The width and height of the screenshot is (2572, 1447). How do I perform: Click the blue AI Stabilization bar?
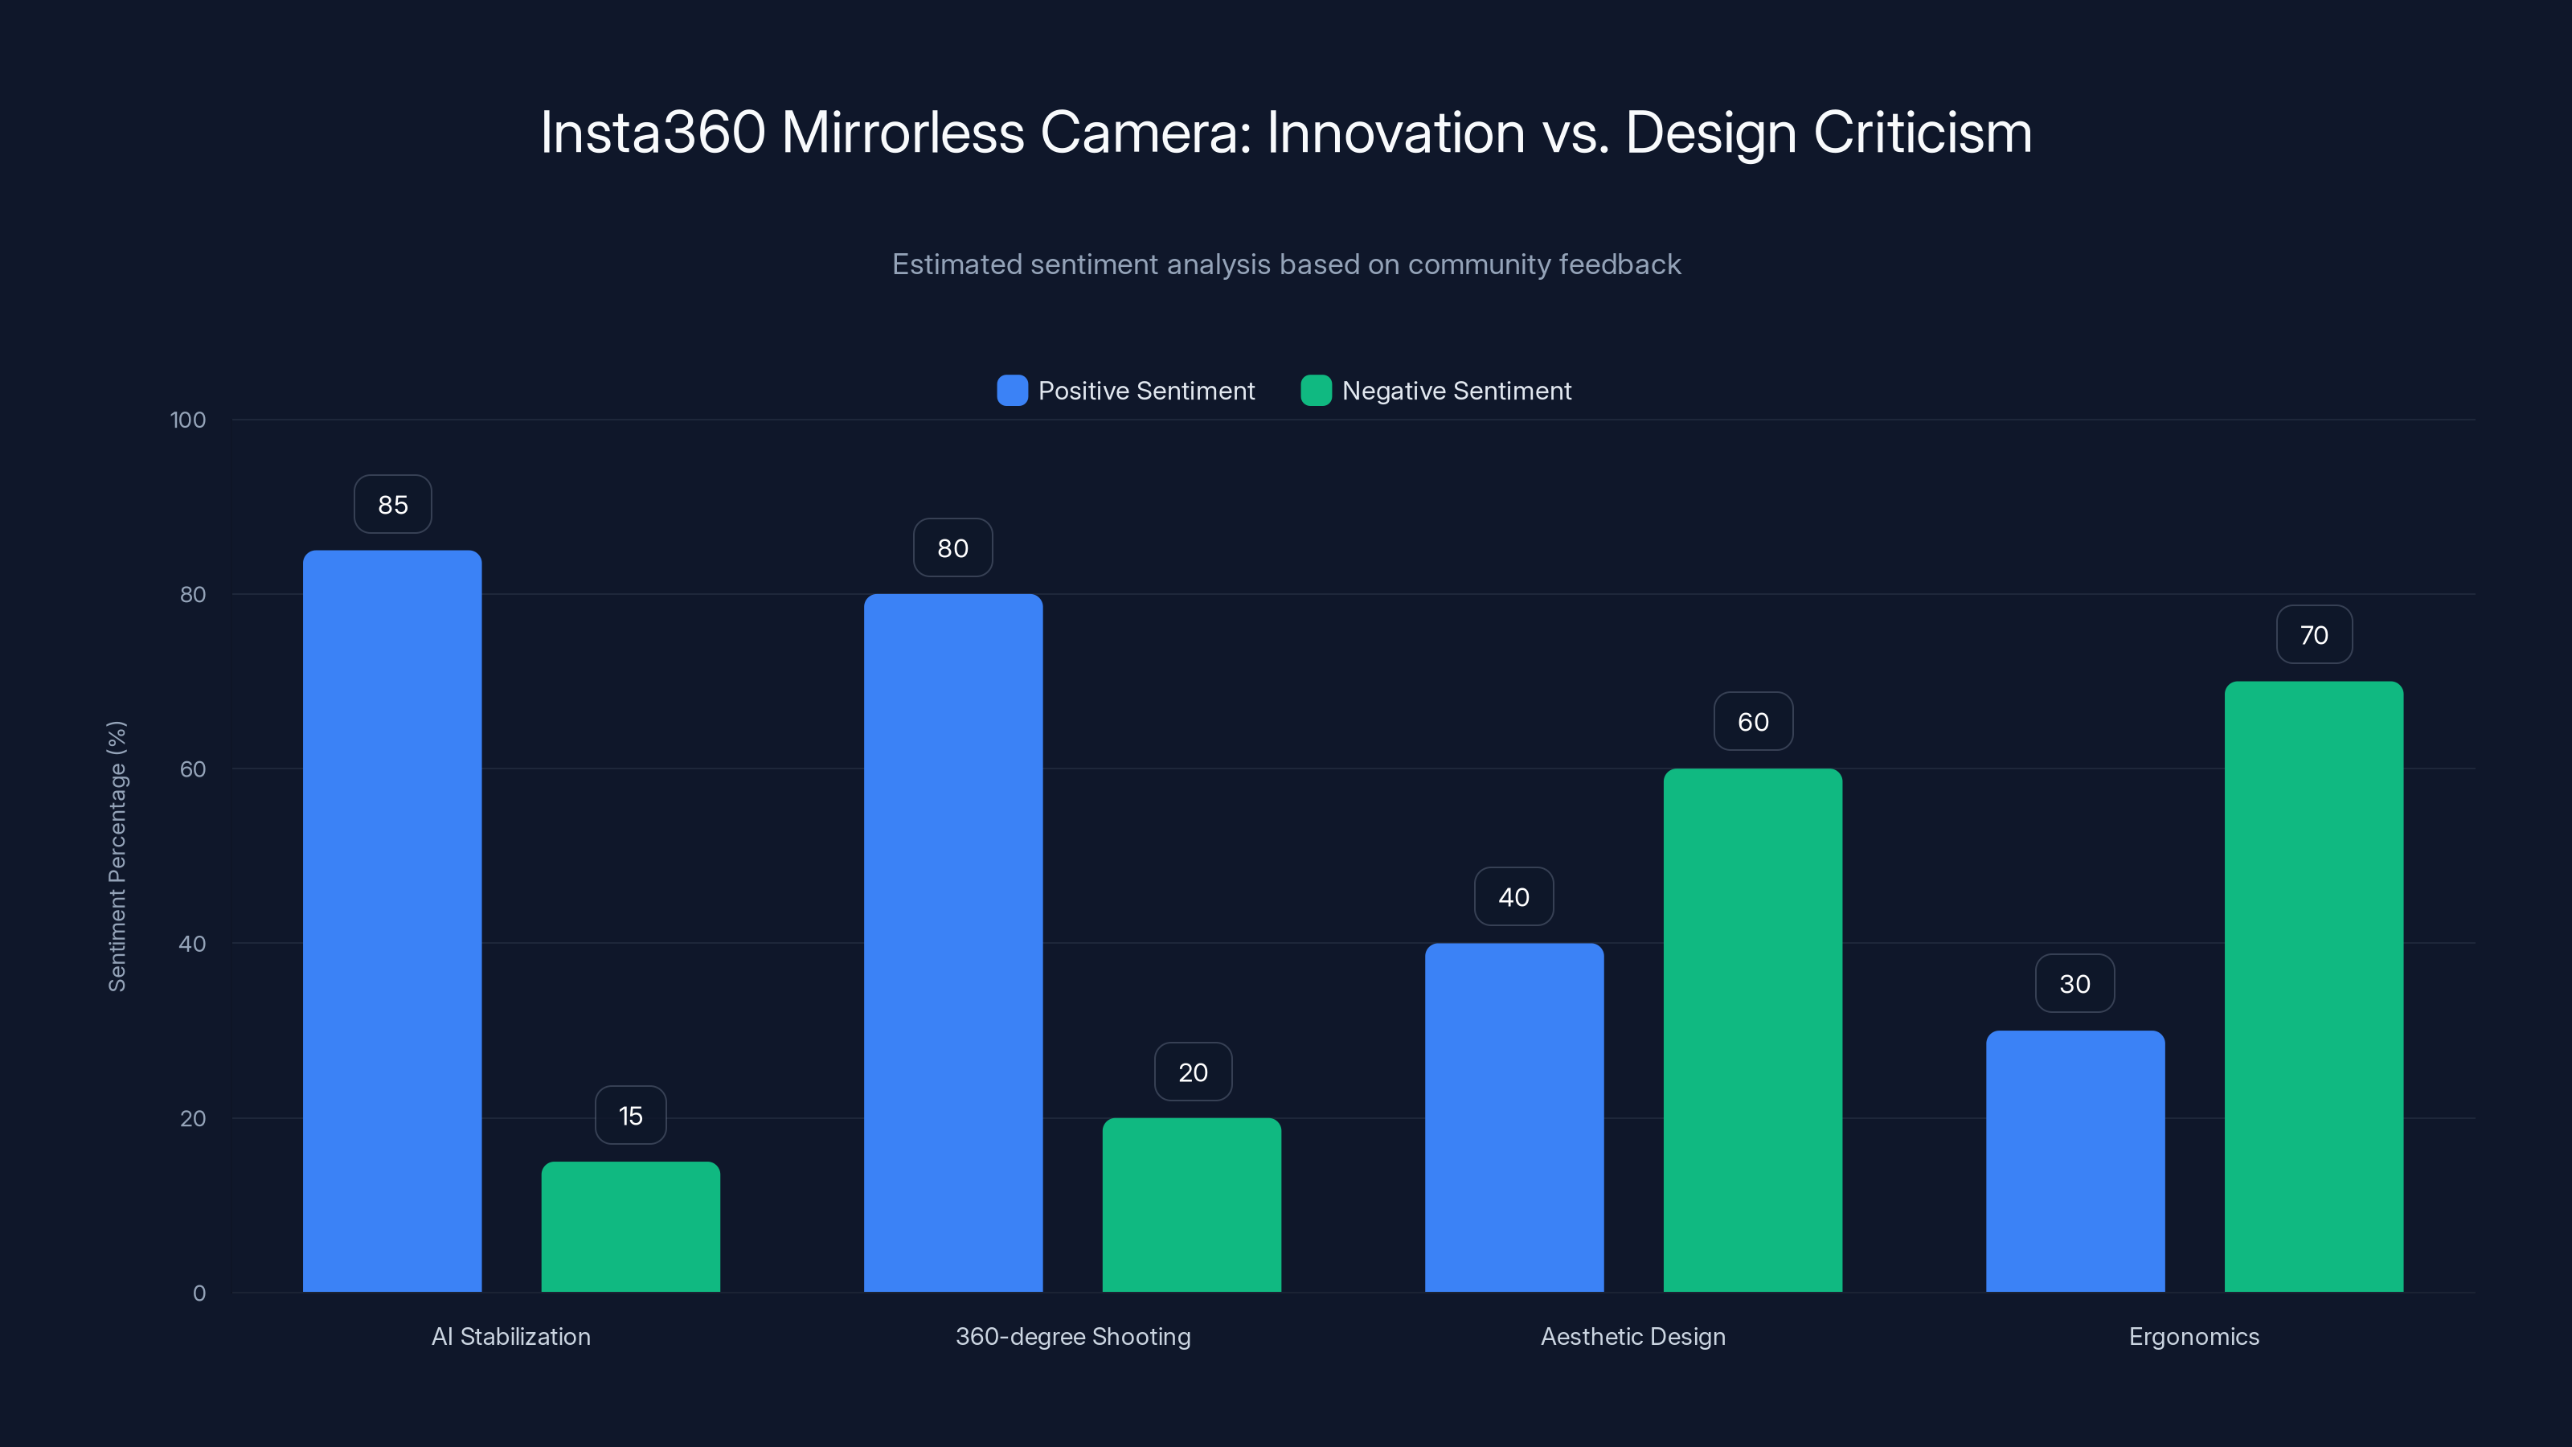click(x=392, y=920)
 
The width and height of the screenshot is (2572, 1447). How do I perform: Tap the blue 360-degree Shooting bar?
click(x=952, y=943)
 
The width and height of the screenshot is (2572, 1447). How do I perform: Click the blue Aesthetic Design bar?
click(x=1513, y=1117)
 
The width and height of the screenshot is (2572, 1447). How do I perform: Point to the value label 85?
click(x=392, y=504)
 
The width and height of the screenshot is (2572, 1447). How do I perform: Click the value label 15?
click(x=630, y=1116)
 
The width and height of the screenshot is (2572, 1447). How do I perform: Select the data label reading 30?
click(x=2074, y=984)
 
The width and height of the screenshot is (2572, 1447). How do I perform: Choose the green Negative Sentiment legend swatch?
click(x=1316, y=391)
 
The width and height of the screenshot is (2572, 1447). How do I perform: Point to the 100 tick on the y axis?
click(x=188, y=420)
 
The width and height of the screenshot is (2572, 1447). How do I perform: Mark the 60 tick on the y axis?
click(x=193, y=769)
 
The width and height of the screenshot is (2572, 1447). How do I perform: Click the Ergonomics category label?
click(x=2193, y=1336)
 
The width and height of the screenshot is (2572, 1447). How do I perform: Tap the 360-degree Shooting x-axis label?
click(x=1072, y=1336)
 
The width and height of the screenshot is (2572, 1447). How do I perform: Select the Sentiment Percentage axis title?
click(x=117, y=856)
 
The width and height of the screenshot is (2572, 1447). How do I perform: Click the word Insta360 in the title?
click(x=652, y=133)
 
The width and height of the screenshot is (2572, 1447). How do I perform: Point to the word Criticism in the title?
click(x=1922, y=133)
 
